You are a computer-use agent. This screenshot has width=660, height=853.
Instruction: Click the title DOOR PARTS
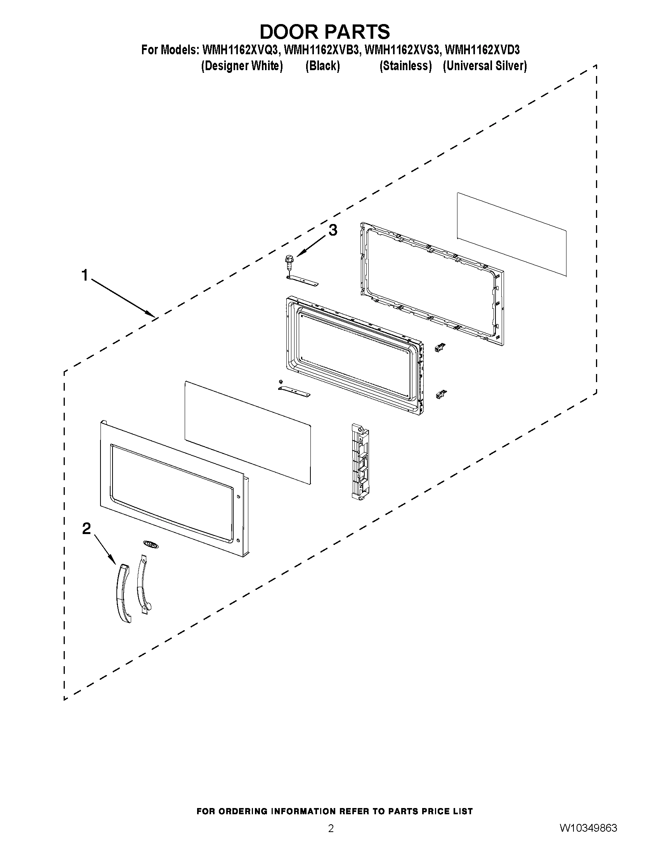[324, 32]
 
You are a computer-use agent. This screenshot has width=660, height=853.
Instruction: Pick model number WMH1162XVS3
[402, 50]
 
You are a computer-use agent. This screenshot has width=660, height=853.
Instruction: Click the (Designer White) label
[242, 66]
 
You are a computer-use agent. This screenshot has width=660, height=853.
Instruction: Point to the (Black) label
[322, 66]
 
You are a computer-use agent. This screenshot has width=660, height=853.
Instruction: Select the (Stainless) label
[405, 66]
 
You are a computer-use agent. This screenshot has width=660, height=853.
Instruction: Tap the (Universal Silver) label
[485, 66]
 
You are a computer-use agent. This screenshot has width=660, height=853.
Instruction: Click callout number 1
[85, 275]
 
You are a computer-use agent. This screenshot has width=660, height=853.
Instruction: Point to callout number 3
[333, 231]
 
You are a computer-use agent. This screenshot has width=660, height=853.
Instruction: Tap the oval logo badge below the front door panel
[149, 544]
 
